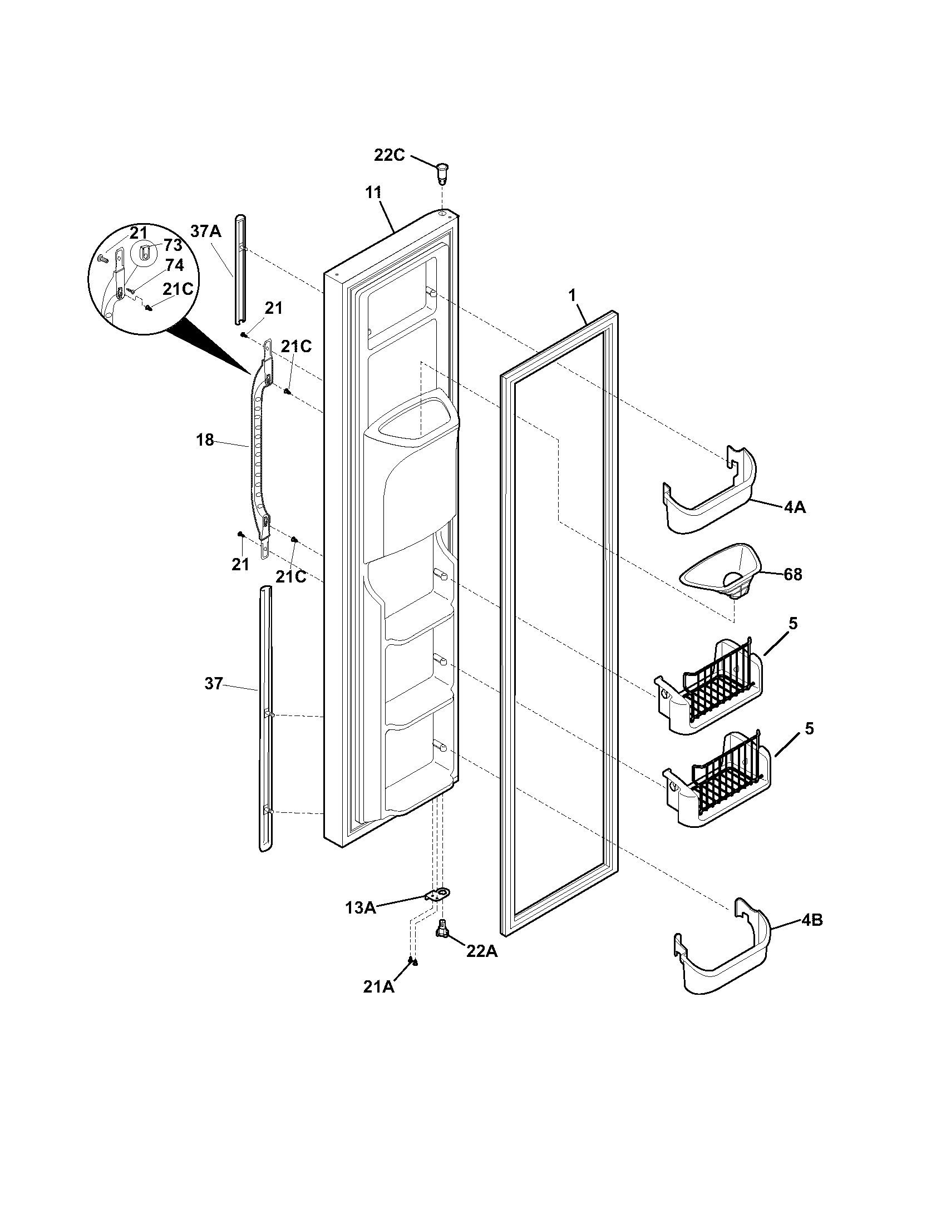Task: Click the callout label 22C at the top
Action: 389,155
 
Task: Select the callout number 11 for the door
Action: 373,193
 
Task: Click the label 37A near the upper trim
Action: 206,231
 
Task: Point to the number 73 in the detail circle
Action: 173,245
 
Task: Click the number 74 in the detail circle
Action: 174,265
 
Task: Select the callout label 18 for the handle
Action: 205,441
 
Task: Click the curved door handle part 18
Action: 258,448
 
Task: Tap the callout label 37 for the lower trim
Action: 213,684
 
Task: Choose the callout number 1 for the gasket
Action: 572,296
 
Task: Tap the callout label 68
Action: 792,575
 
